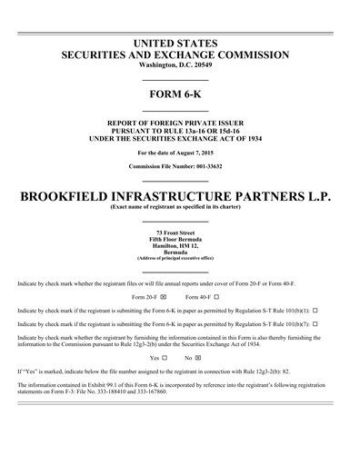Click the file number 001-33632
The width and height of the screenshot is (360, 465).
(205, 166)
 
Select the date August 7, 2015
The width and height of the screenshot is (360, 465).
(201, 153)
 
